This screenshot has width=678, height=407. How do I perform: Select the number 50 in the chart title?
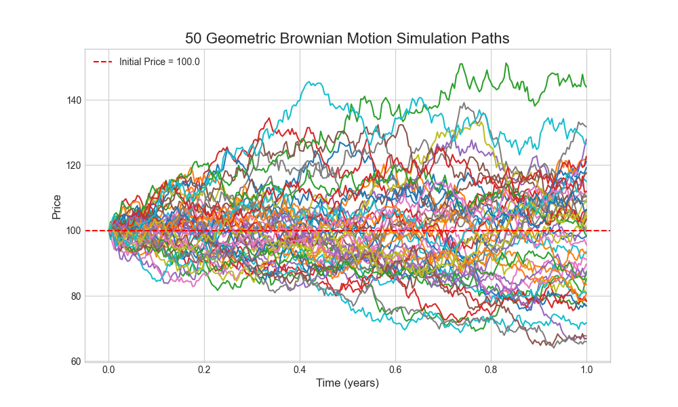click(194, 39)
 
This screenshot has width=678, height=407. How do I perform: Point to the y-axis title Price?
click(57, 206)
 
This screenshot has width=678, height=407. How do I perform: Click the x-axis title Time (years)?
click(347, 383)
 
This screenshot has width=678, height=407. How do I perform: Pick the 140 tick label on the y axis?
click(73, 100)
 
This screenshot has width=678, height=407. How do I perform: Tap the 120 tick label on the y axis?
click(73, 166)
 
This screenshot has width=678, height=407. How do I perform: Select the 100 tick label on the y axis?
click(73, 231)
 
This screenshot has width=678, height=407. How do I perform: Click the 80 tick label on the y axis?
click(76, 296)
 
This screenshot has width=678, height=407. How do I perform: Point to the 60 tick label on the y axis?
click(76, 361)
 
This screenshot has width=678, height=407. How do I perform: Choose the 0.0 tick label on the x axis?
click(108, 370)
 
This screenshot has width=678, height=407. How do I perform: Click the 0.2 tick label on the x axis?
click(204, 370)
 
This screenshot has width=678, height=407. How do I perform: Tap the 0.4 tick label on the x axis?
click(300, 370)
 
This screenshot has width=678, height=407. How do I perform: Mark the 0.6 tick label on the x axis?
click(395, 370)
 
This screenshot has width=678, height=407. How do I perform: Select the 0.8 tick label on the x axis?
click(491, 370)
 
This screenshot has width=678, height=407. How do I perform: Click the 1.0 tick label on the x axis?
click(586, 370)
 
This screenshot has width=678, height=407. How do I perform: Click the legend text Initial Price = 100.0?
click(159, 62)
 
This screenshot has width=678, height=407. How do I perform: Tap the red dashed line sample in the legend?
click(103, 62)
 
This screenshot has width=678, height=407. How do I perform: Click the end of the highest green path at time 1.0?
click(586, 87)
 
